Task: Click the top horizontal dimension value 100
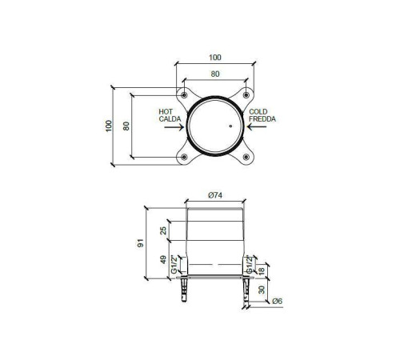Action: click(215, 58)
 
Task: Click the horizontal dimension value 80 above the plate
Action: click(215, 74)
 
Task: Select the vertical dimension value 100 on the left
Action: click(109, 126)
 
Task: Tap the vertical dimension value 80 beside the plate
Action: click(126, 126)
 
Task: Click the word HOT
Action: click(166, 112)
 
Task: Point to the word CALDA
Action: click(170, 119)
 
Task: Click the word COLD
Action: click(258, 112)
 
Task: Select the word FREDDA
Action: click(262, 119)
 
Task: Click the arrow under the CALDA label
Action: click(174, 127)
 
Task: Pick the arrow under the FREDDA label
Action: click(257, 126)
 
